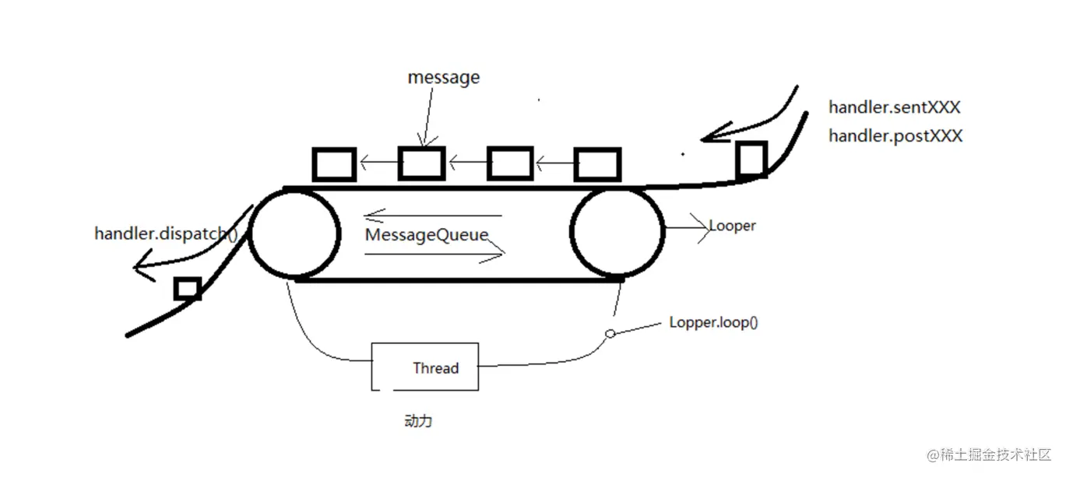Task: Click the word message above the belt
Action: coord(444,78)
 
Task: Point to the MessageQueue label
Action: coord(427,234)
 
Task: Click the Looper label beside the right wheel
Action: coord(732,226)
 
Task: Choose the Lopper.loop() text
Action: coord(713,322)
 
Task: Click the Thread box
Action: coord(426,367)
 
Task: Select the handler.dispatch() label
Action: coord(166,233)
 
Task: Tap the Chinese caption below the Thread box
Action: coord(418,421)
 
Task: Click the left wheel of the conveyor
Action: coord(294,233)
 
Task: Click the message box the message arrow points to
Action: coord(421,163)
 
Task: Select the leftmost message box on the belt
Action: coord(334,164)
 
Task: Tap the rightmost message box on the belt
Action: coord(597,164)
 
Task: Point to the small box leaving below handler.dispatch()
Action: coord(188,289)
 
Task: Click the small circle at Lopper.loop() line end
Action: coord(610,334)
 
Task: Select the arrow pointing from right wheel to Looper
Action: coord(685,228)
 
